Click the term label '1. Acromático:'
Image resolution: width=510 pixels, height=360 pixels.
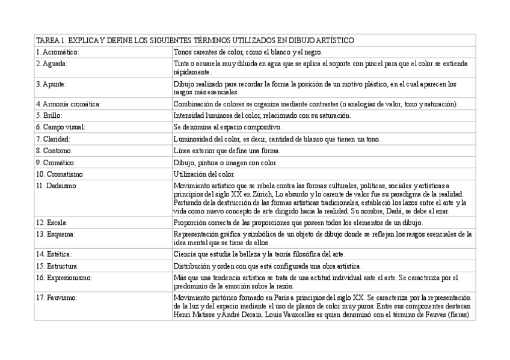pyautogui.click(x=57, y=52)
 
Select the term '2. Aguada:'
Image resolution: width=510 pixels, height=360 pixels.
pyautogui.click(x=51, y=63)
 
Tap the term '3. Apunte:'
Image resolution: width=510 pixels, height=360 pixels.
pyautogui.click(x=51, y=84)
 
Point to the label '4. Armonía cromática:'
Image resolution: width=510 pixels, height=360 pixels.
pyautogui.click(x=68, y=104)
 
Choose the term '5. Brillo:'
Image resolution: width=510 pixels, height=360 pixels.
pyautogui.click(x=49, y=115)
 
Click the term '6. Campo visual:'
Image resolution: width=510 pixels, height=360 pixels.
pyautogui.click(x=60, y=127)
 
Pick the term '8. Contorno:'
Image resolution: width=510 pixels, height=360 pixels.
pyautogui.click(x=54, y=151)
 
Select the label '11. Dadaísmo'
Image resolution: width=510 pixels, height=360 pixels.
pyautogui.click(x=56, y=186)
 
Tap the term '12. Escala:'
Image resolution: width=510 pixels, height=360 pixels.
pyautogui.click(x=52, y=222)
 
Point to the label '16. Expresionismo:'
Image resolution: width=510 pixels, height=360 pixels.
pyautogui.click(x=64, y=278)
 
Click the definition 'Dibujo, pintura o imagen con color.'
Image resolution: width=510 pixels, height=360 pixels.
pyautogui.click(x=226, y=162)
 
